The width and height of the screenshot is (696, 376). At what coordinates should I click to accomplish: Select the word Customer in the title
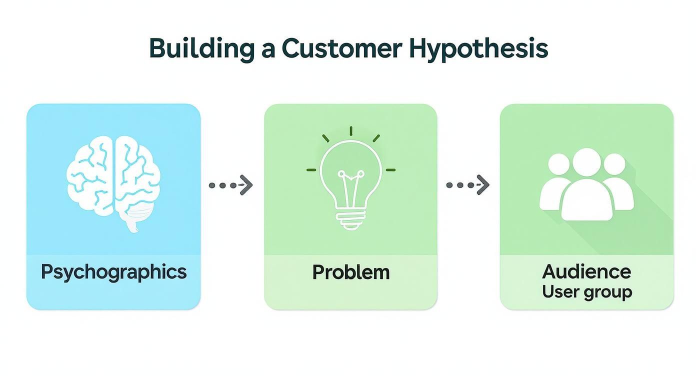click(x=341, y=48)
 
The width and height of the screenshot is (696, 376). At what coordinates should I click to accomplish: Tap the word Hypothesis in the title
click(x=478, y=49)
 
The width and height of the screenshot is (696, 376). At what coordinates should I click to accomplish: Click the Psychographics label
click(x=113, y=272)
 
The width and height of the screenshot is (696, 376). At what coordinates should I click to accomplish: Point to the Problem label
click(x=350, y=272)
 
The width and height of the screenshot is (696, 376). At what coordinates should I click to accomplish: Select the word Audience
click(x=586, y=272)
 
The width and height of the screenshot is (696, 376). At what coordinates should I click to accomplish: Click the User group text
click(x=586, y=291)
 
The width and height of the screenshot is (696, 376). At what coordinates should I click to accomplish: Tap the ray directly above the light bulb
click(x=351, y=131)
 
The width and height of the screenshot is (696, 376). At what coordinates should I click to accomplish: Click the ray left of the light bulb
click(x=312, y=170)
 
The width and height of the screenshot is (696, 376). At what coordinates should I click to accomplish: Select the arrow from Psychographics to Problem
click(x=230, y=185)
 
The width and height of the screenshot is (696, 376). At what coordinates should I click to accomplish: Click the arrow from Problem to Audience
click(x=467, y=185)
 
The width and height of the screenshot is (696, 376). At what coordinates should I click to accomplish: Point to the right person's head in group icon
click(x=614, y=164)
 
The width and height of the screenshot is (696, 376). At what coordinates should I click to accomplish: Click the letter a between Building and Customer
click(x=267, y=49)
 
